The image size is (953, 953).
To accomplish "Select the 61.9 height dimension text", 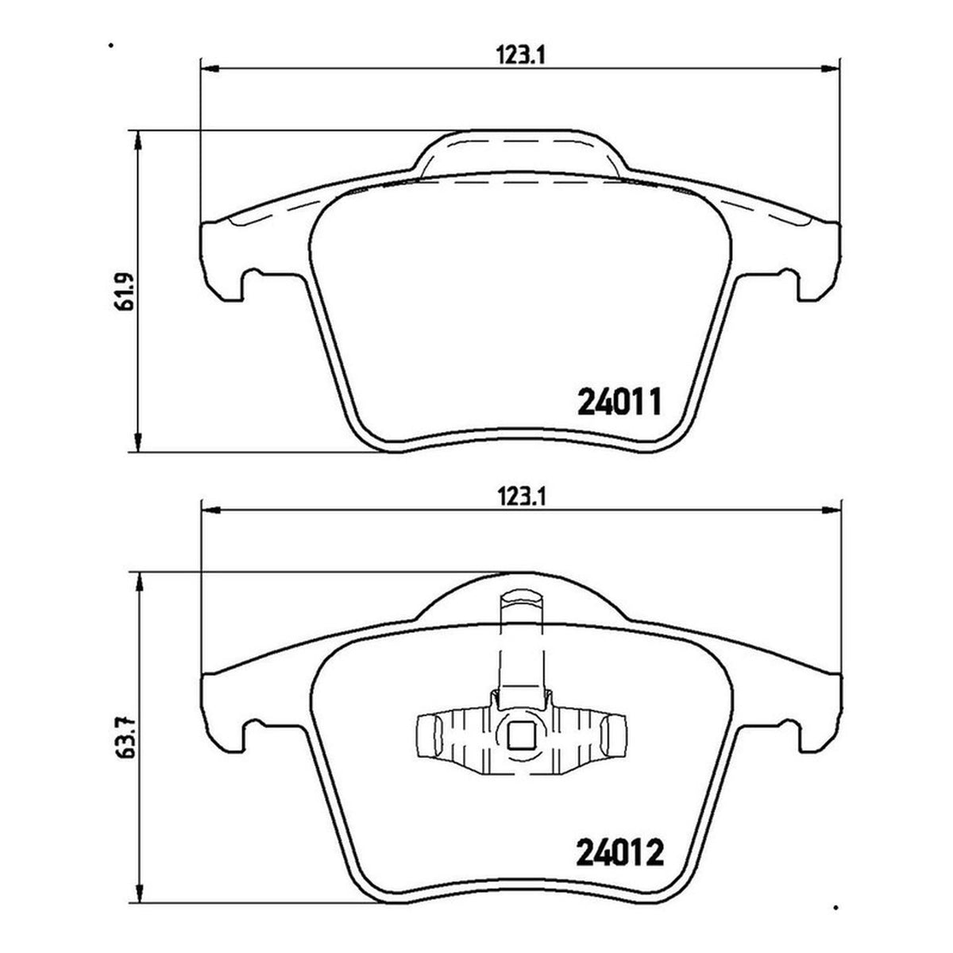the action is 123,291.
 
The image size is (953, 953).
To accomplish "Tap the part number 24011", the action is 619,403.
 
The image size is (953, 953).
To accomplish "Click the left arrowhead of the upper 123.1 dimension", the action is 211,69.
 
